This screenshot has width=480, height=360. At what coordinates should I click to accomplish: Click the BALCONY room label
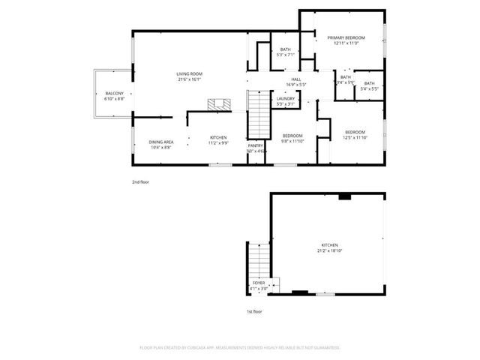coord(109,93)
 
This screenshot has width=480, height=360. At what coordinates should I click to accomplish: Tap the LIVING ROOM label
coord(190,73)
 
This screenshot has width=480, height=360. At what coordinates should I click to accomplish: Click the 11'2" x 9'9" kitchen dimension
coord(218,142)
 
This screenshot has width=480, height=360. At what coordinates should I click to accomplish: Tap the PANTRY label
coord(256,145)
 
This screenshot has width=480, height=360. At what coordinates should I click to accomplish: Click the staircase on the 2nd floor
coord(257,112)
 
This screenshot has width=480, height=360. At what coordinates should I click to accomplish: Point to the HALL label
coord(297,79)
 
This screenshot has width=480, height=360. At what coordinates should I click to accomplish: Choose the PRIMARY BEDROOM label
coord(345,37)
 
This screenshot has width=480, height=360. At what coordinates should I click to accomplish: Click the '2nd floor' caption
coord(140,182)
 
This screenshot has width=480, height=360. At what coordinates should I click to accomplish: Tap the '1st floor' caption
coord(254,310)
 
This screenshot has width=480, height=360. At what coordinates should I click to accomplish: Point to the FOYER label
coord(258,284)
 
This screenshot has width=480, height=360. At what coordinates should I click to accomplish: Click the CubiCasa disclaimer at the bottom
coord(240,347)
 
